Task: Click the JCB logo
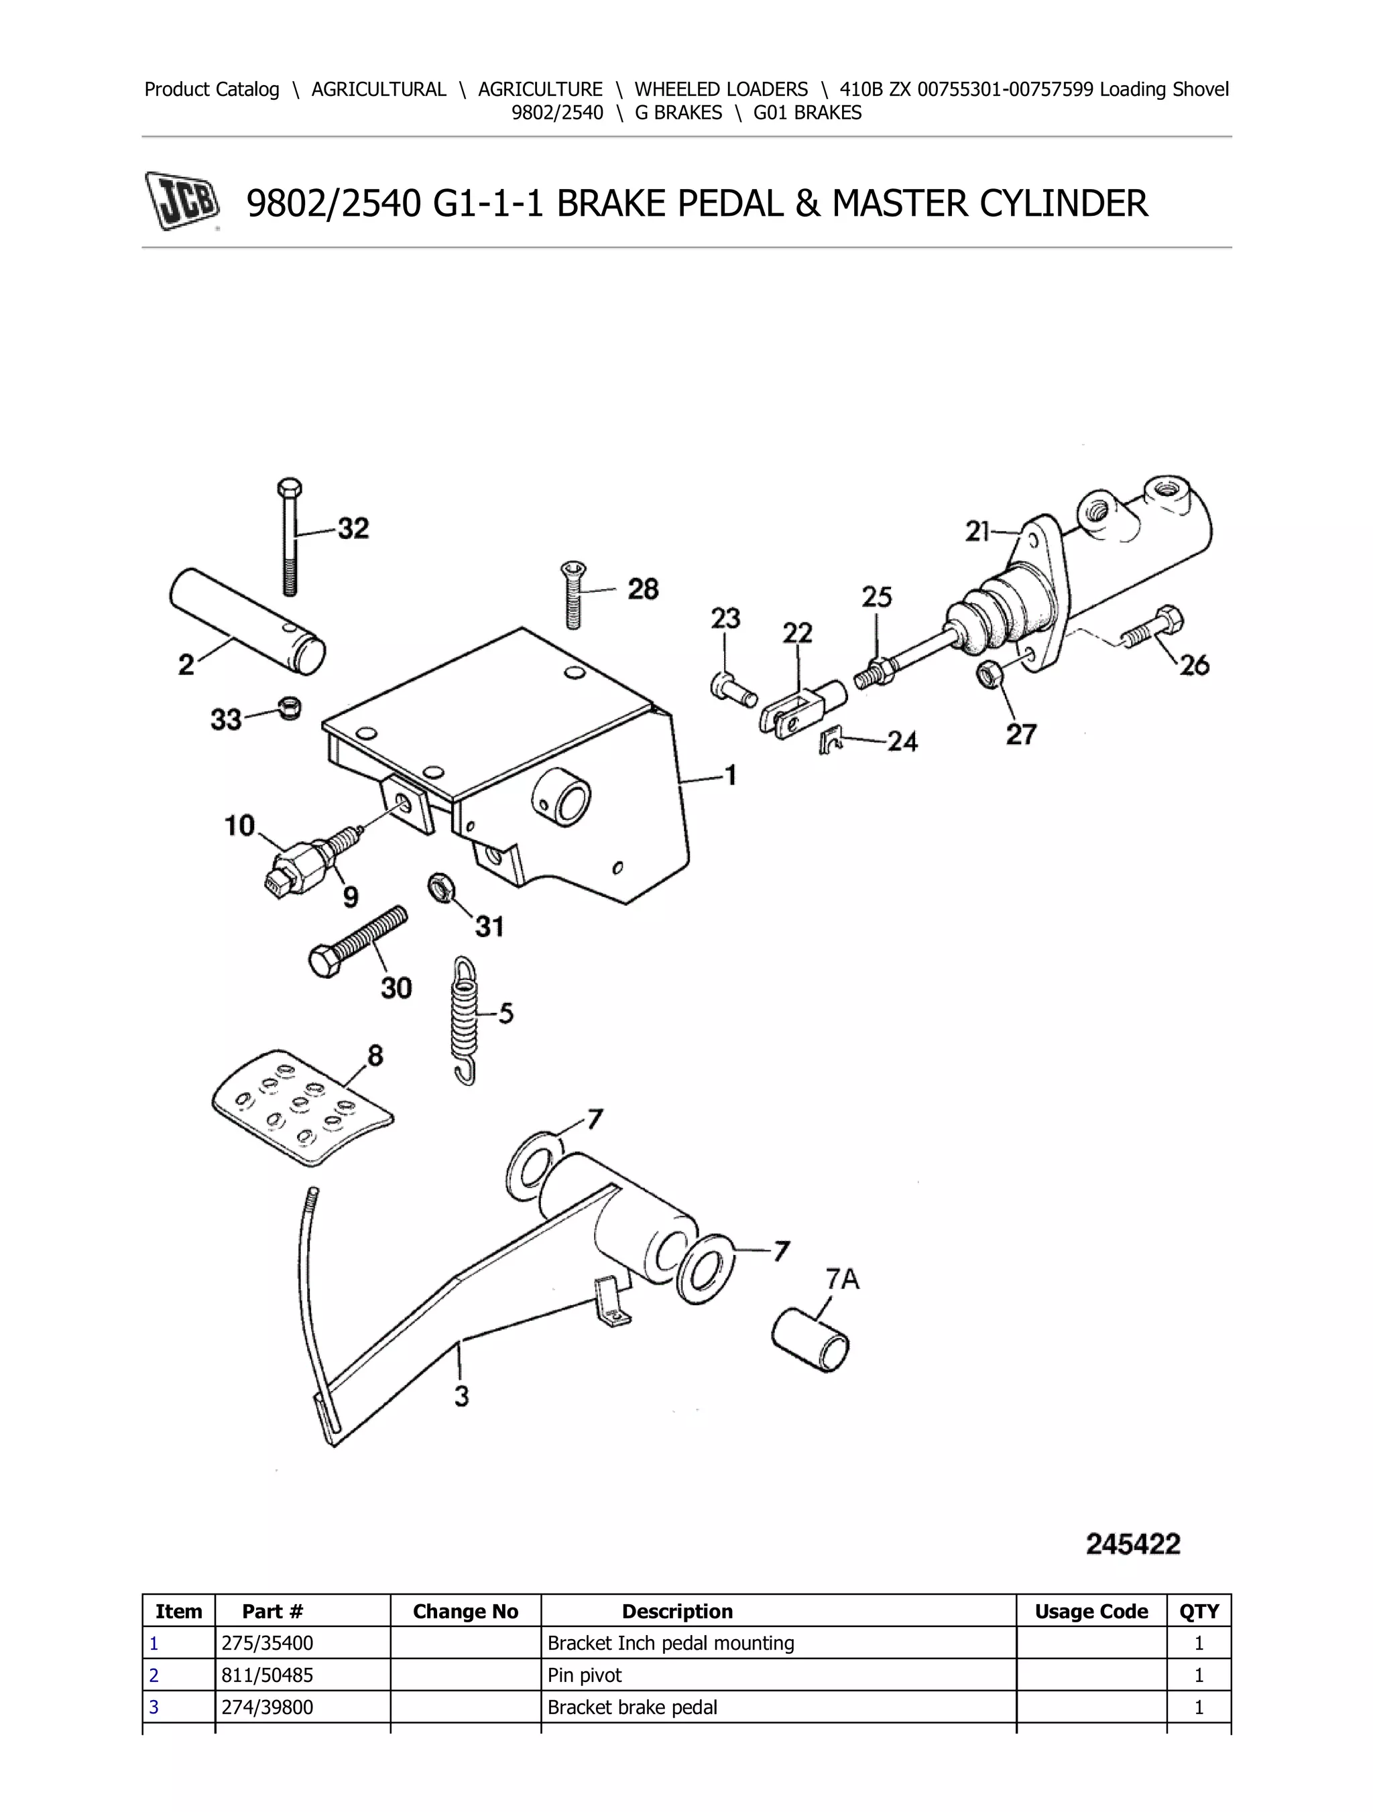[x=182, y=200]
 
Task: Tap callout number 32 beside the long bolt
[x=353, y=528]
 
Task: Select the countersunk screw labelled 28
[x=573, y=595]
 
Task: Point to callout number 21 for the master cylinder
[x=978, y=532]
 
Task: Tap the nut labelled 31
[x=440, y=887]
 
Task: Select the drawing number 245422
[x=1133, y=1544]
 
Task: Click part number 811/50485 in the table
[x=267, y=1675]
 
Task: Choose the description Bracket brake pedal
[x=632, y=1707]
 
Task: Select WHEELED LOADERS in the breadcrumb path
[x=720, y=89]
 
